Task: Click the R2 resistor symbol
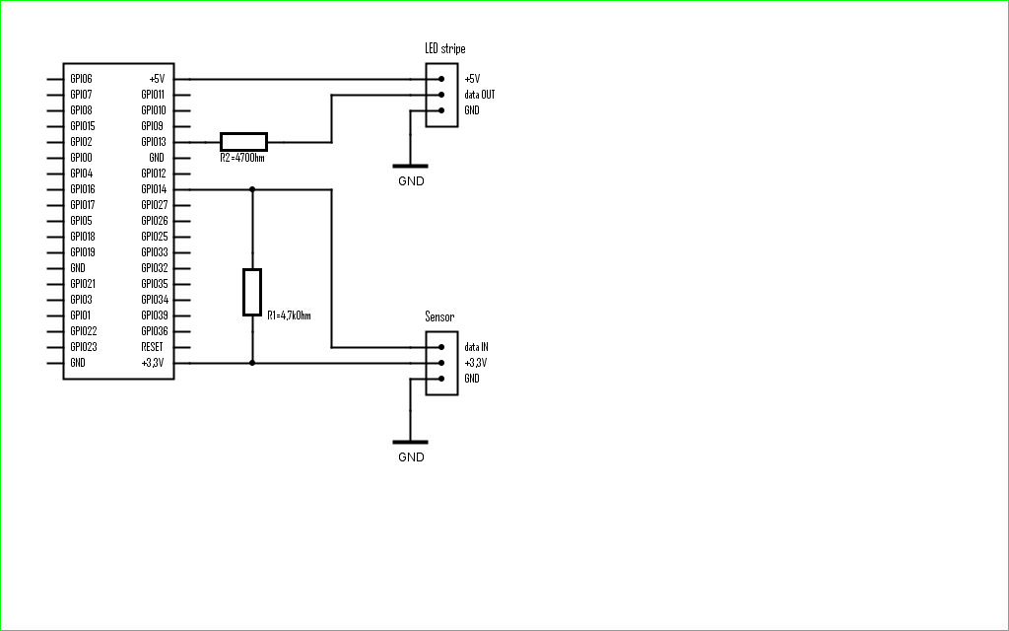(x=243, y=141)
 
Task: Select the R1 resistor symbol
(x=252, y=292)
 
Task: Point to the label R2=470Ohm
(x=241, y=157)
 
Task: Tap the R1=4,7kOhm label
(x=289, y=315)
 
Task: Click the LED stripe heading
(x=444, y=48)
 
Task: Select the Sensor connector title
(x=439, y=316)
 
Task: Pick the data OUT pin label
(x=480, y=95)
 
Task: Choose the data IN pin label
(x=476, y=347)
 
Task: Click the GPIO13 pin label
(x=154, y=142)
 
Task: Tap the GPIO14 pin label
(x=154, y=189)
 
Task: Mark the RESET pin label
(x=153, y=347)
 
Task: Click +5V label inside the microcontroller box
(x=157, y=79)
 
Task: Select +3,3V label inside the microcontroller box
(x=154, y=363)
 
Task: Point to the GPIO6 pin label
(x=82, y=79)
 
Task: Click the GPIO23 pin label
(x=84, y=347)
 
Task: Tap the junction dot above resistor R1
(x=252, y=189)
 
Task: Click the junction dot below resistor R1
(x=252, y=363)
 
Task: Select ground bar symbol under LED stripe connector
(x=410, y=166)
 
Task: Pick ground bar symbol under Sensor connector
(x=410, y=442)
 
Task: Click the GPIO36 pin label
(x=154, y=331)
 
